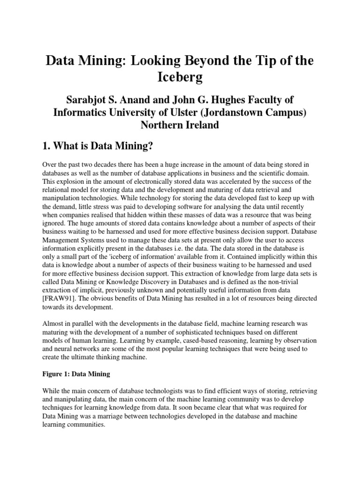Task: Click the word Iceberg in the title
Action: click(180, 77)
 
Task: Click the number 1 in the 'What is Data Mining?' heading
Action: click(45, 147)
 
